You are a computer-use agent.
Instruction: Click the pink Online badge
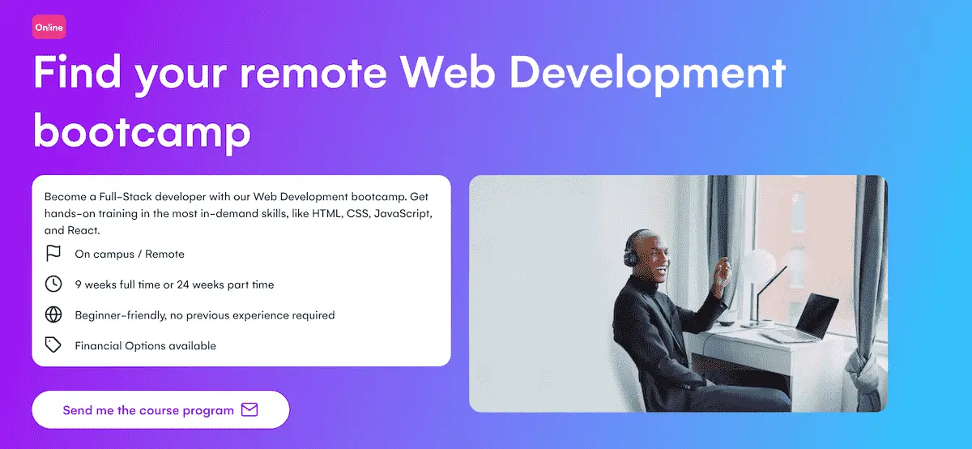pyautogui.click(x=49, y=28)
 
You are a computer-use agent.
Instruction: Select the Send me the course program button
pyautogui.click(x=160, y=410)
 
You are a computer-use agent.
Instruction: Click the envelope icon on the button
pyautogui.click(x=249, y=410)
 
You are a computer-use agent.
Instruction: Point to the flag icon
pyautogui.click(x=53, y=254)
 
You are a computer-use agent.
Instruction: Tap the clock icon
pyautogui.click(x=53, y=284)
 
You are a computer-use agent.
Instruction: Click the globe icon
pyautogui.click(x=53, y=314)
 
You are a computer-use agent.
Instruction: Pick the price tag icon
pyautogui.click(x=53, y=345)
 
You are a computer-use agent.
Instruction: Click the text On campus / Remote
pyautogui.click(x=130, y=254)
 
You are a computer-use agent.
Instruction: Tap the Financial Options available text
pyautogui.click(x=146, y=345)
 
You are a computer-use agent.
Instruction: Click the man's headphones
pyautogui.click(x=630, y=248)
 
